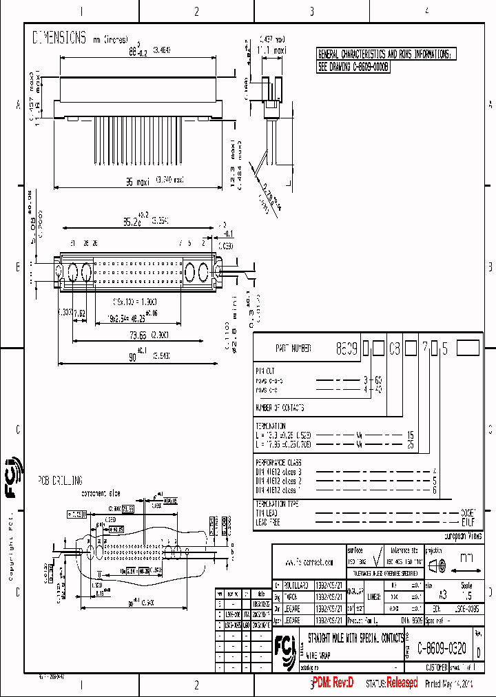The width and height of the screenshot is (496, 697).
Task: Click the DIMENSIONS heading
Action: click(x=59, y=39)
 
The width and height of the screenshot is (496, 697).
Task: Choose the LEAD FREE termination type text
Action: click(x=269, y=523)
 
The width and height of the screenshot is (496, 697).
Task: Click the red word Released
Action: click(x=402, y=683)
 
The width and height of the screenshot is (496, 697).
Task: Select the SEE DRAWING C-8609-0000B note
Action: click(x=353, y=67)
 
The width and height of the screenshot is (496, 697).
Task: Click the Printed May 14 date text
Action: click(x=449, y=684)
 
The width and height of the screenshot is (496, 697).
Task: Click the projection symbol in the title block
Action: click(x=437, y=567)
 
